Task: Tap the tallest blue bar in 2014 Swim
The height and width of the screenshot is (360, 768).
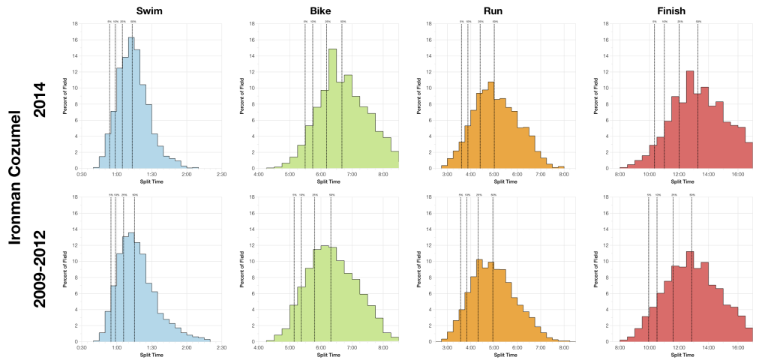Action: point(130,105)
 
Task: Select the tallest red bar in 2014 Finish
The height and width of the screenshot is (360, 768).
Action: point(690,120)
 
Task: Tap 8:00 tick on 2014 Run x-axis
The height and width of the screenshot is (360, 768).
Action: point(562,175)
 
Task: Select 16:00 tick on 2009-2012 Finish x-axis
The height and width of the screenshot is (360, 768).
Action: point(737,348)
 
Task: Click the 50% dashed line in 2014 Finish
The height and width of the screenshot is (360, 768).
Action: point(697,97)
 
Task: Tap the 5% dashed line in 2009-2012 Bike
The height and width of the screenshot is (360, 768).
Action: point(294,270)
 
